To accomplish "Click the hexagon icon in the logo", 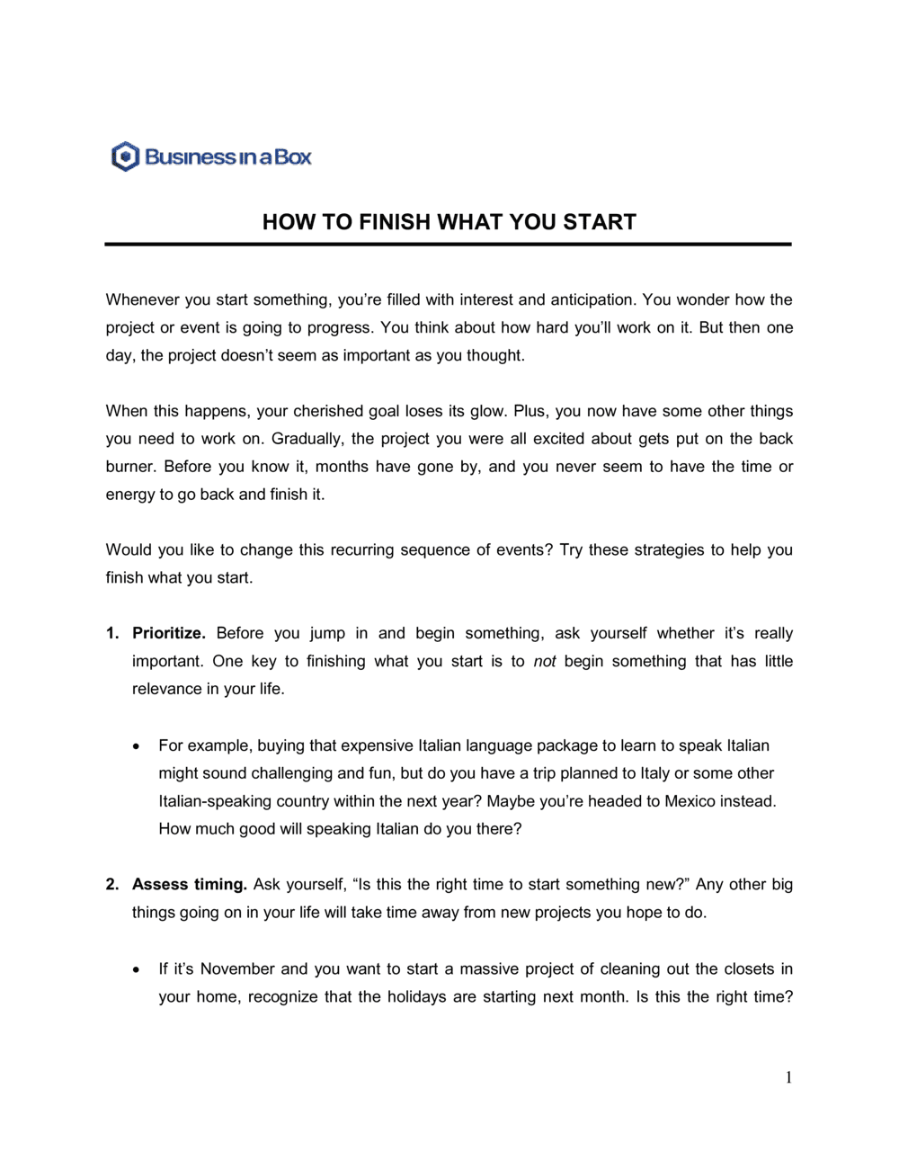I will pos(126,156).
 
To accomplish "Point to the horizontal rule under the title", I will pos(448,244).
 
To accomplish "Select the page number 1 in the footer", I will pos(788,1077).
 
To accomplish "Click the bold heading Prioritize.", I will pos(169,633).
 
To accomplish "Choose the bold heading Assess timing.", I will pos(190,884).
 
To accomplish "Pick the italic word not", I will pos(545,661).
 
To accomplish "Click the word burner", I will pos(130,467).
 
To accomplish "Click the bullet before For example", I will pos(136,746).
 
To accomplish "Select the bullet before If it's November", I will pos(136,969).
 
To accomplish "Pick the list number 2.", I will pos(112,884).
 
